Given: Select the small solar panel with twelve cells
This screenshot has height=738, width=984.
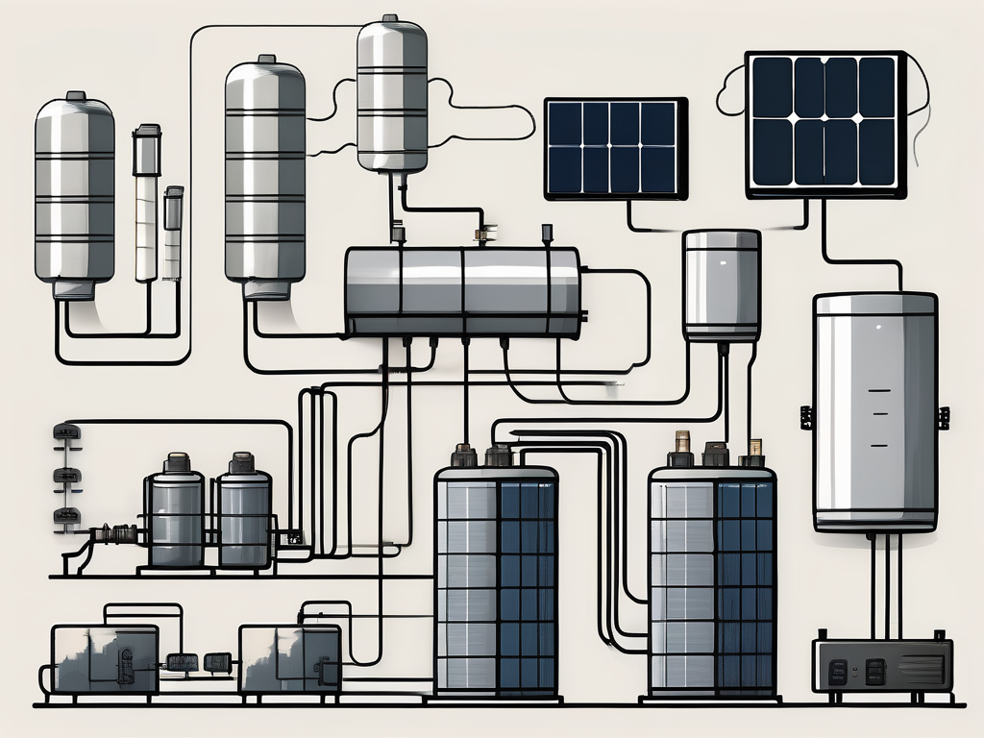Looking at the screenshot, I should [615, 148].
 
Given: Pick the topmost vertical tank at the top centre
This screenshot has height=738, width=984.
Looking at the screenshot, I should [391, 91].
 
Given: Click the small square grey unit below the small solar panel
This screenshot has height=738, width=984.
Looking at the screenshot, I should [722, 284].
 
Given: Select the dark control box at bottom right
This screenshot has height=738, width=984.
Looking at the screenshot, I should [881, 664].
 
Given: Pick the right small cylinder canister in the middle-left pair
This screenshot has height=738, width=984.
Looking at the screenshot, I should [245, 517].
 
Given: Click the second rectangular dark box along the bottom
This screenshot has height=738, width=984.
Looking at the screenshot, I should [289, 658].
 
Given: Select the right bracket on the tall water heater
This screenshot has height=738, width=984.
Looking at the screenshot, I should [943, 418].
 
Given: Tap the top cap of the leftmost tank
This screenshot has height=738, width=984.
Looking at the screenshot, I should [75, 97].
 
